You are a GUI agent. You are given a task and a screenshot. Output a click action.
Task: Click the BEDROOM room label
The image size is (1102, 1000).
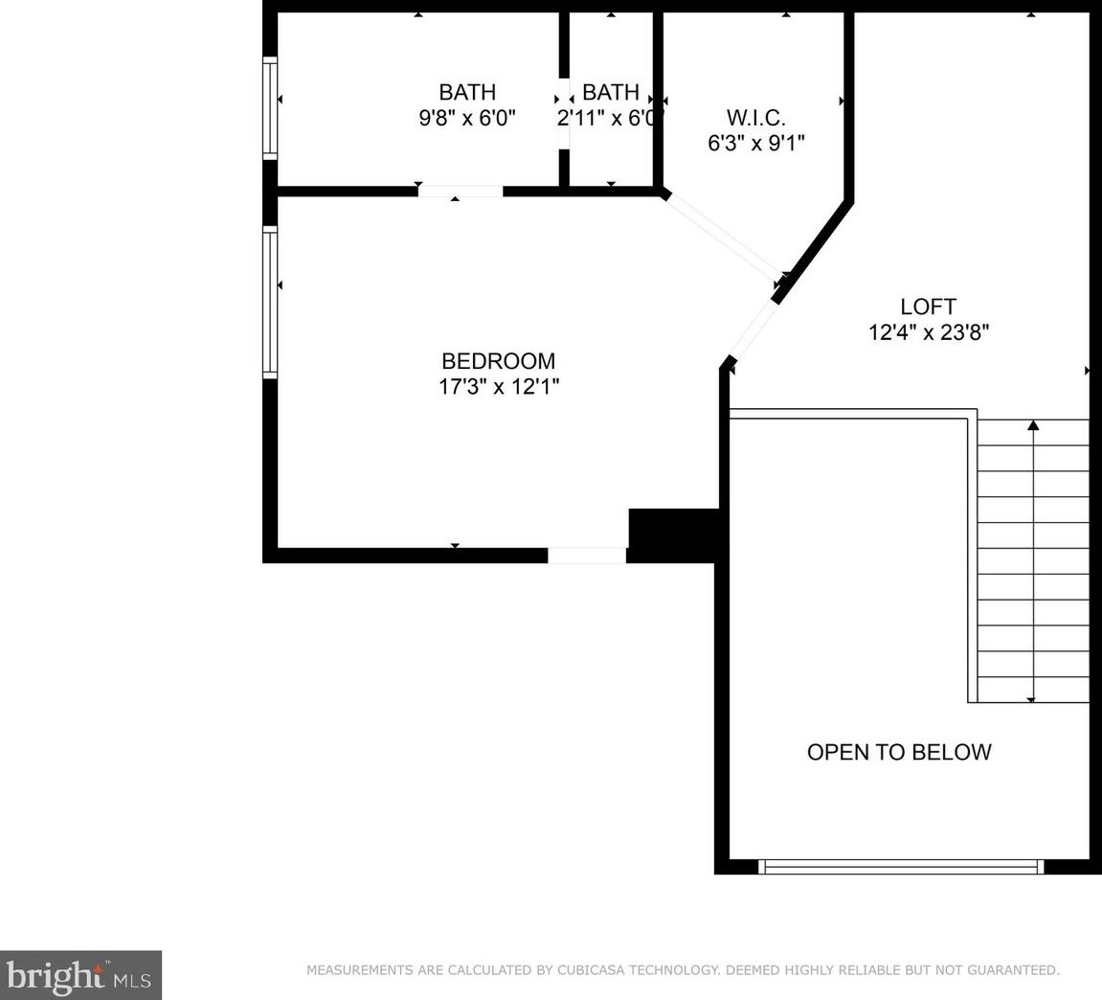point(498,361)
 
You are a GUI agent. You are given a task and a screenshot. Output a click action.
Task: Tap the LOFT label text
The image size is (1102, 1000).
point(928,307)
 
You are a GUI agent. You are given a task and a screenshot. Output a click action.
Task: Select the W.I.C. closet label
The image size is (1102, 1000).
point(755,117)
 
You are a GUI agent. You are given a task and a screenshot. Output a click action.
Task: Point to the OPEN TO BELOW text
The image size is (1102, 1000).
point(899,752)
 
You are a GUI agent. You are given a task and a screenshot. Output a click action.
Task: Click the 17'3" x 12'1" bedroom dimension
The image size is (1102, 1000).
point(498,386)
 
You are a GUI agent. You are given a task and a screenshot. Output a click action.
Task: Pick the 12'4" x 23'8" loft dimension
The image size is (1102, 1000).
point(929,332)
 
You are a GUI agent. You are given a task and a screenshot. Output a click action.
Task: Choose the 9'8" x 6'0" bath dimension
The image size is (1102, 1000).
point(467,118)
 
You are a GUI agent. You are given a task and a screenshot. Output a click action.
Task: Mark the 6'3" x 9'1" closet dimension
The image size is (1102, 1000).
point(755,143)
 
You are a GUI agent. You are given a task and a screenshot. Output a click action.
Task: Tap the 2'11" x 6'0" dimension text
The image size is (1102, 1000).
point(609,118)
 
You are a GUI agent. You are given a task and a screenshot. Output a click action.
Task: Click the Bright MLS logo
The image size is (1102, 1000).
point(80,975)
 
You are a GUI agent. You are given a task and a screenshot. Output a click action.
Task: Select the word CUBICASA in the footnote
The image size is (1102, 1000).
point(591,970)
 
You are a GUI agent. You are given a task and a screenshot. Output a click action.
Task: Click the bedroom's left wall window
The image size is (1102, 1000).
point(271,303)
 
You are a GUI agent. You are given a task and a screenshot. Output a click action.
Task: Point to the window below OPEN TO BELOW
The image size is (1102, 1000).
point(902,867)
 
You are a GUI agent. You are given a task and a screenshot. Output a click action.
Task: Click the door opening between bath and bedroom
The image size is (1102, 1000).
point(461,191)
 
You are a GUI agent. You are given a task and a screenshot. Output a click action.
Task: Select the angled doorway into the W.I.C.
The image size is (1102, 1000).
point(723,235)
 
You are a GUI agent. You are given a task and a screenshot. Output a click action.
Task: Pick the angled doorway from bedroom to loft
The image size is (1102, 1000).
point(752,331)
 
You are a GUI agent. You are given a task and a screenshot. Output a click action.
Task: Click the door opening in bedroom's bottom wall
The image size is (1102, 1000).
point(587,556)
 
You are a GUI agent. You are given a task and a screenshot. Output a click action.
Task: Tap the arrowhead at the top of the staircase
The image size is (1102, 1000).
point(1033,425)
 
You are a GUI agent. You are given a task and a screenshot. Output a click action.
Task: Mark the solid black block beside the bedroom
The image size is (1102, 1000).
point(672,534)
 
